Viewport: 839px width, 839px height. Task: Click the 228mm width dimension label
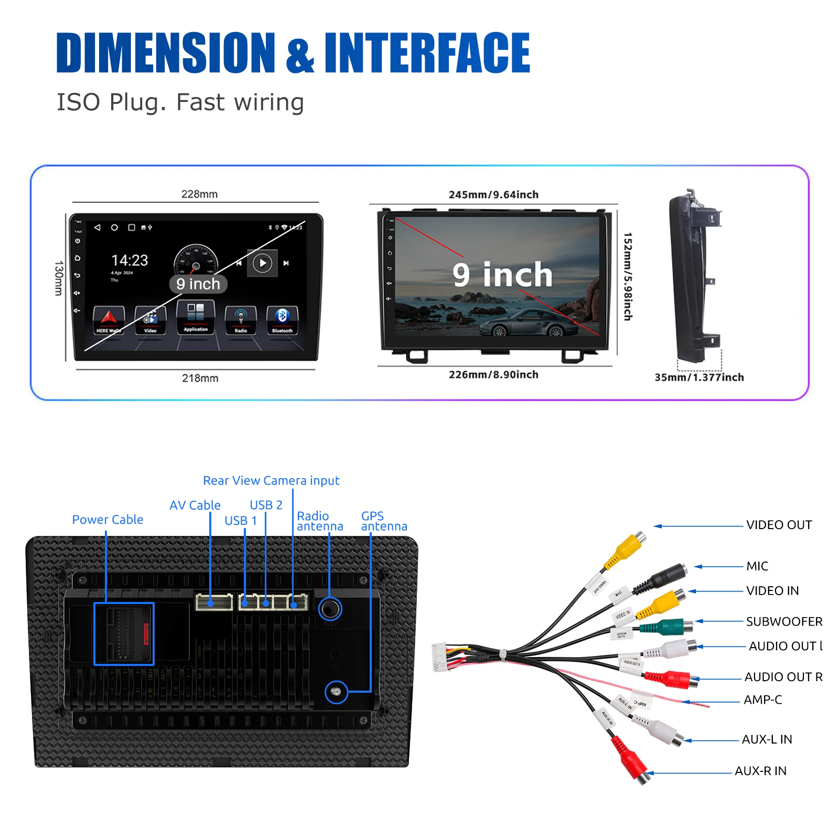pos(199,194)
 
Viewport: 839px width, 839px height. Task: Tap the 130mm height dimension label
pos(59,278)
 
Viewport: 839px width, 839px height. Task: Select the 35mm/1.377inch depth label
pos(699,377)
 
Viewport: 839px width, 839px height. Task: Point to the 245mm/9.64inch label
pos(493,195)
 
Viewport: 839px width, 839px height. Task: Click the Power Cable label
pos(107,520)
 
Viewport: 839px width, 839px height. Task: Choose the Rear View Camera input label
pos(271,480)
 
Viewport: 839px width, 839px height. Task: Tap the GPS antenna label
pos(384,521)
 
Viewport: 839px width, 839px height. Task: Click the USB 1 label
pos(241,521)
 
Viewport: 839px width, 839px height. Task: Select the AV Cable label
pos(195,505)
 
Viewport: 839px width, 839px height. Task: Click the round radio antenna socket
pos(330,609)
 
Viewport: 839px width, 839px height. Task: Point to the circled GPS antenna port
pos(336,692)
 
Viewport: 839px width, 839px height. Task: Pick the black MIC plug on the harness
pos(666,577)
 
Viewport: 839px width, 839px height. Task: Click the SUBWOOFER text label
pos(784,621)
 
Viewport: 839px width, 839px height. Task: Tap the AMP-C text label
pos(762,700)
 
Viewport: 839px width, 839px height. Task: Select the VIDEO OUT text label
pos(779,525)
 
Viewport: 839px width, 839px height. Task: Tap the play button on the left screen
pos(263,263)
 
